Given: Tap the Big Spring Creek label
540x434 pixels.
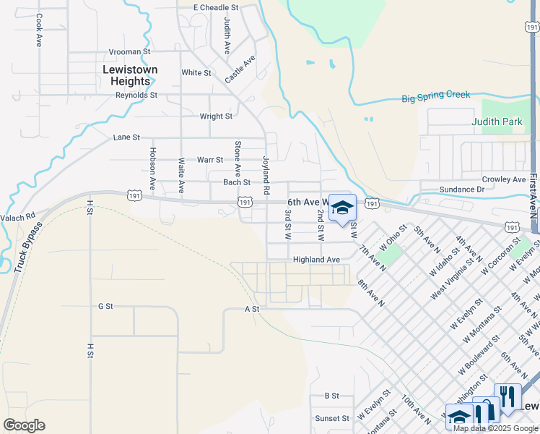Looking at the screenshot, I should [x=435, y=96].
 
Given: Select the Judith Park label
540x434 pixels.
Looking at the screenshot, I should [x=497, y=122].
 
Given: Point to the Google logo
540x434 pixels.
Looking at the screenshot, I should [x=24, y=425].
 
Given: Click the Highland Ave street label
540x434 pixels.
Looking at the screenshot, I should [x=316, y=260].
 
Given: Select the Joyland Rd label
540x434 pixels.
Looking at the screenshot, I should [x=266, y=176].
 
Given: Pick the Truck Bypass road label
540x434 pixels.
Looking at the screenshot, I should [x=27, y=247].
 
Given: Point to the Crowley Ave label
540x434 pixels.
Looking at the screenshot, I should [x=505, y=179].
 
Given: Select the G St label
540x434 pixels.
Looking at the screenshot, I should [x=105, y=307].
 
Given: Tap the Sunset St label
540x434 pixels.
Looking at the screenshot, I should [x=332, y=419].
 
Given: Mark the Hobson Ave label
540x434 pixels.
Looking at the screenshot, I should [x=152, y=169].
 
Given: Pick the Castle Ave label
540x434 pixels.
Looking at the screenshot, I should [x=240, y=69].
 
